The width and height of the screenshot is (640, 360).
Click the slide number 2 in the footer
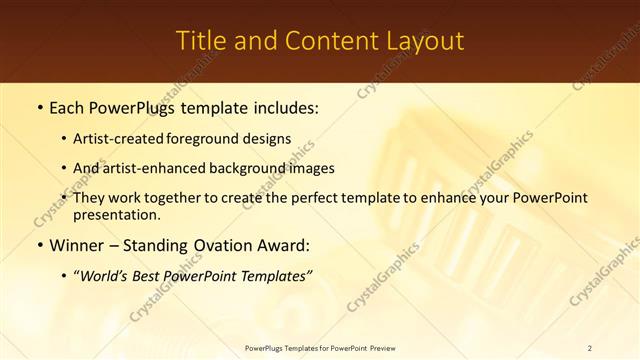click(x=590, y=348)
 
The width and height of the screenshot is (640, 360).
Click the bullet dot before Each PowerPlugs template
click(x=39, y=107)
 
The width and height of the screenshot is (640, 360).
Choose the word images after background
click(x=312, y=169)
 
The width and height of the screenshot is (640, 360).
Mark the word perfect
click(x=319, y=198)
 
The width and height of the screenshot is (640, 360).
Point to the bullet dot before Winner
click(x=39, y=245)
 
